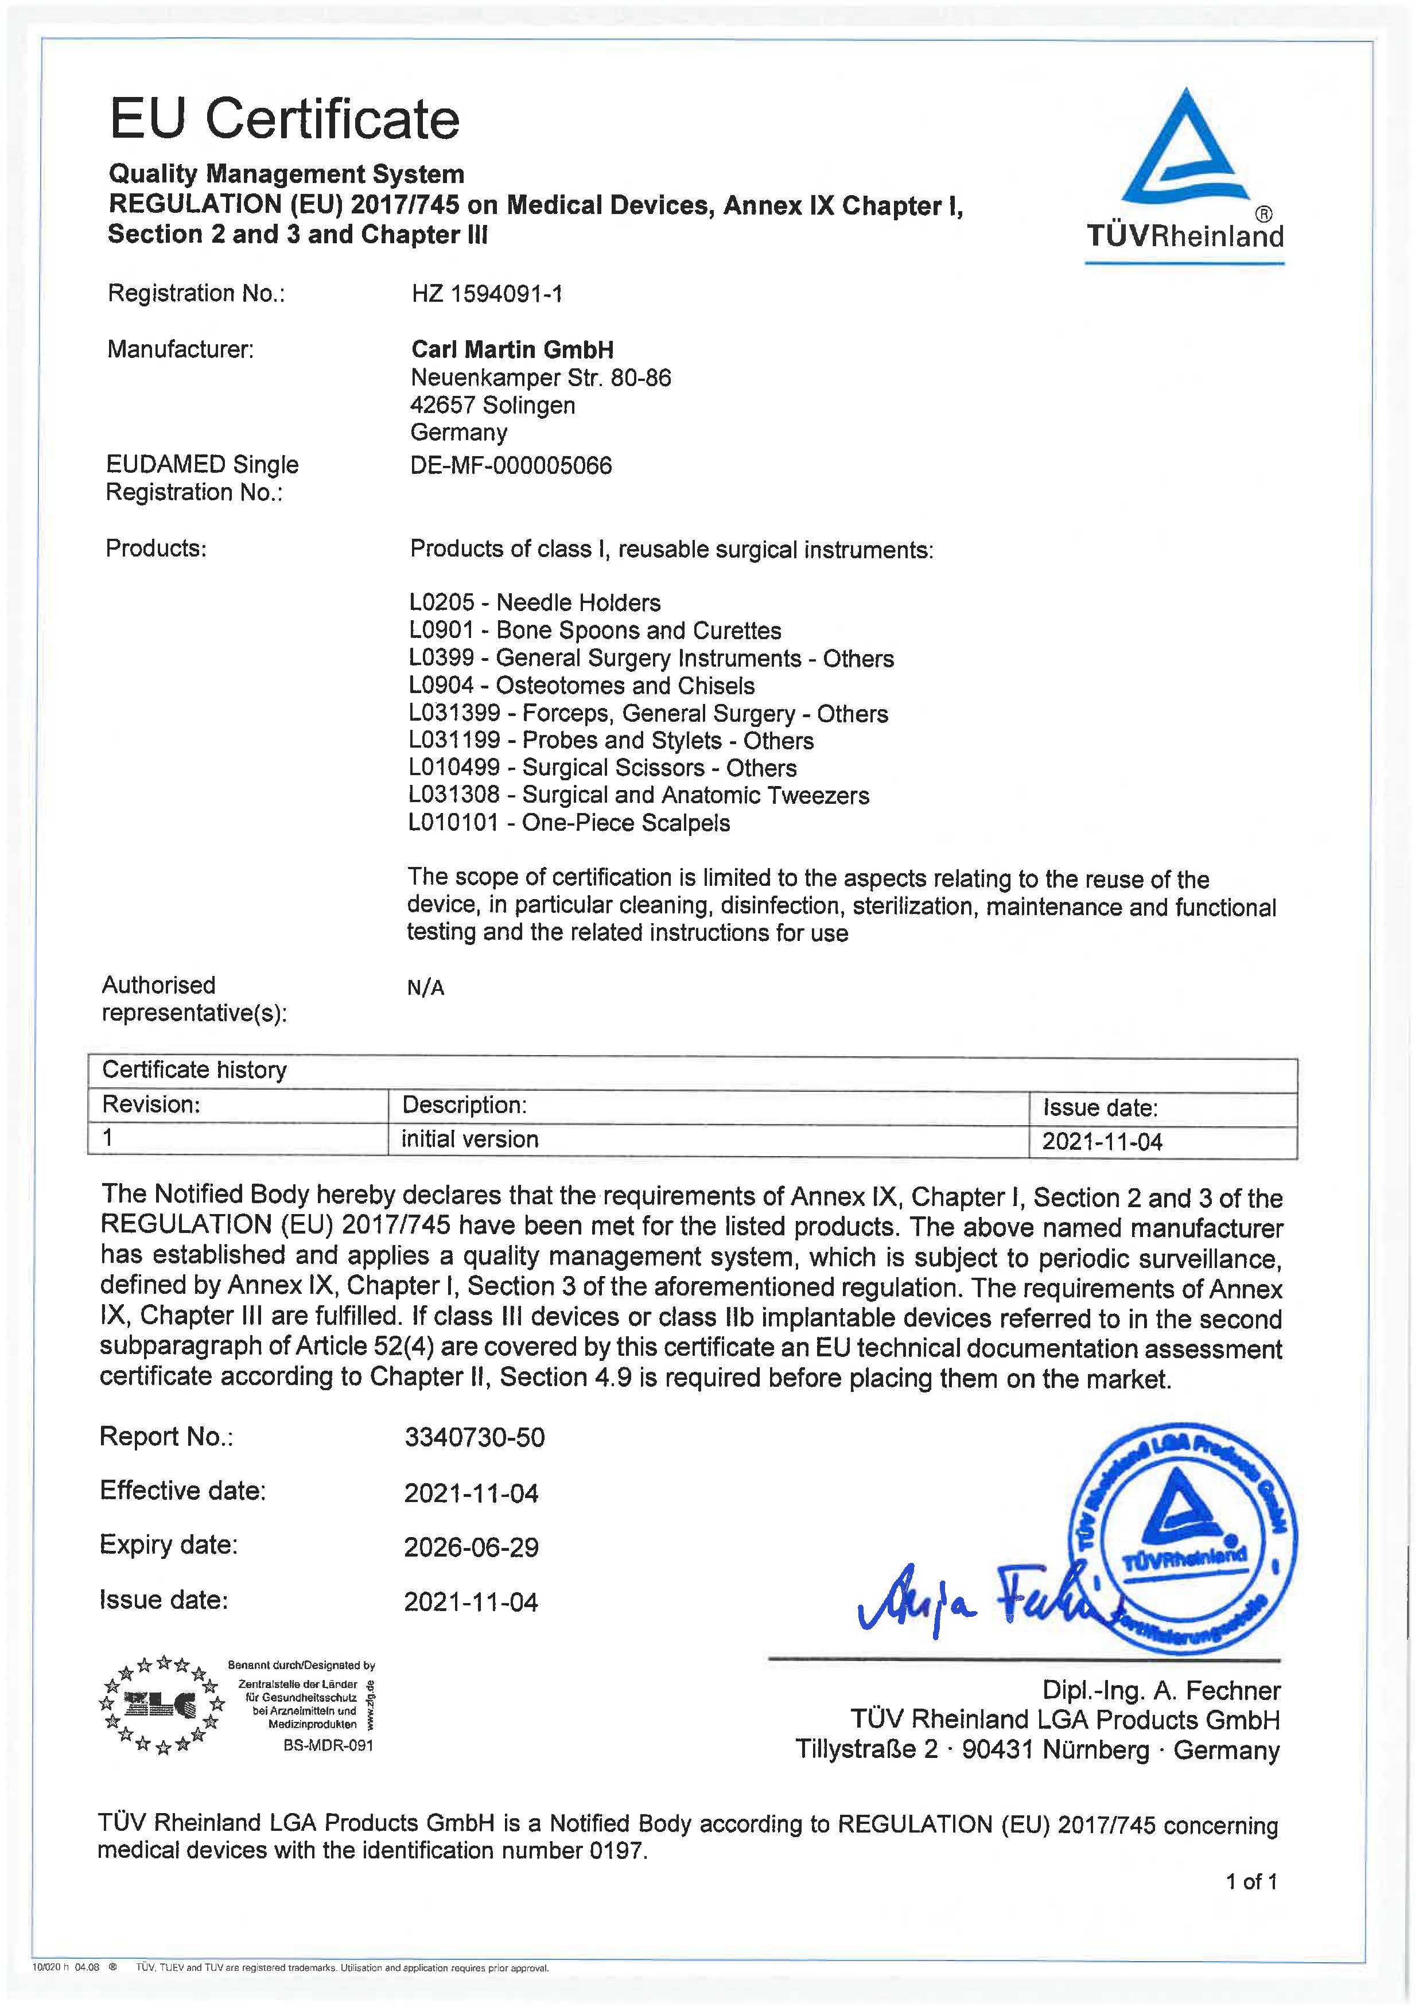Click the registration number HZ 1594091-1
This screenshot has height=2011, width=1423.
pos(487,294)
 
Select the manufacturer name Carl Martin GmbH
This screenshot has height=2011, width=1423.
pos(512,349)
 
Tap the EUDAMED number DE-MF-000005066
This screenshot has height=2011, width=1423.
pos(511,465)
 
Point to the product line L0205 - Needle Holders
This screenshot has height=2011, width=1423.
pos(535,603)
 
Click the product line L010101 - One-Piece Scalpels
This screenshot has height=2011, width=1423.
pos(570,823)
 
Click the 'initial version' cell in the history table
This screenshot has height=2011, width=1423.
pos(470,1139)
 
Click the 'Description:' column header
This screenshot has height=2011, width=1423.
pos(464,1105)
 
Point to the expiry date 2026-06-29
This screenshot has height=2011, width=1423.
pos(472,1547)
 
